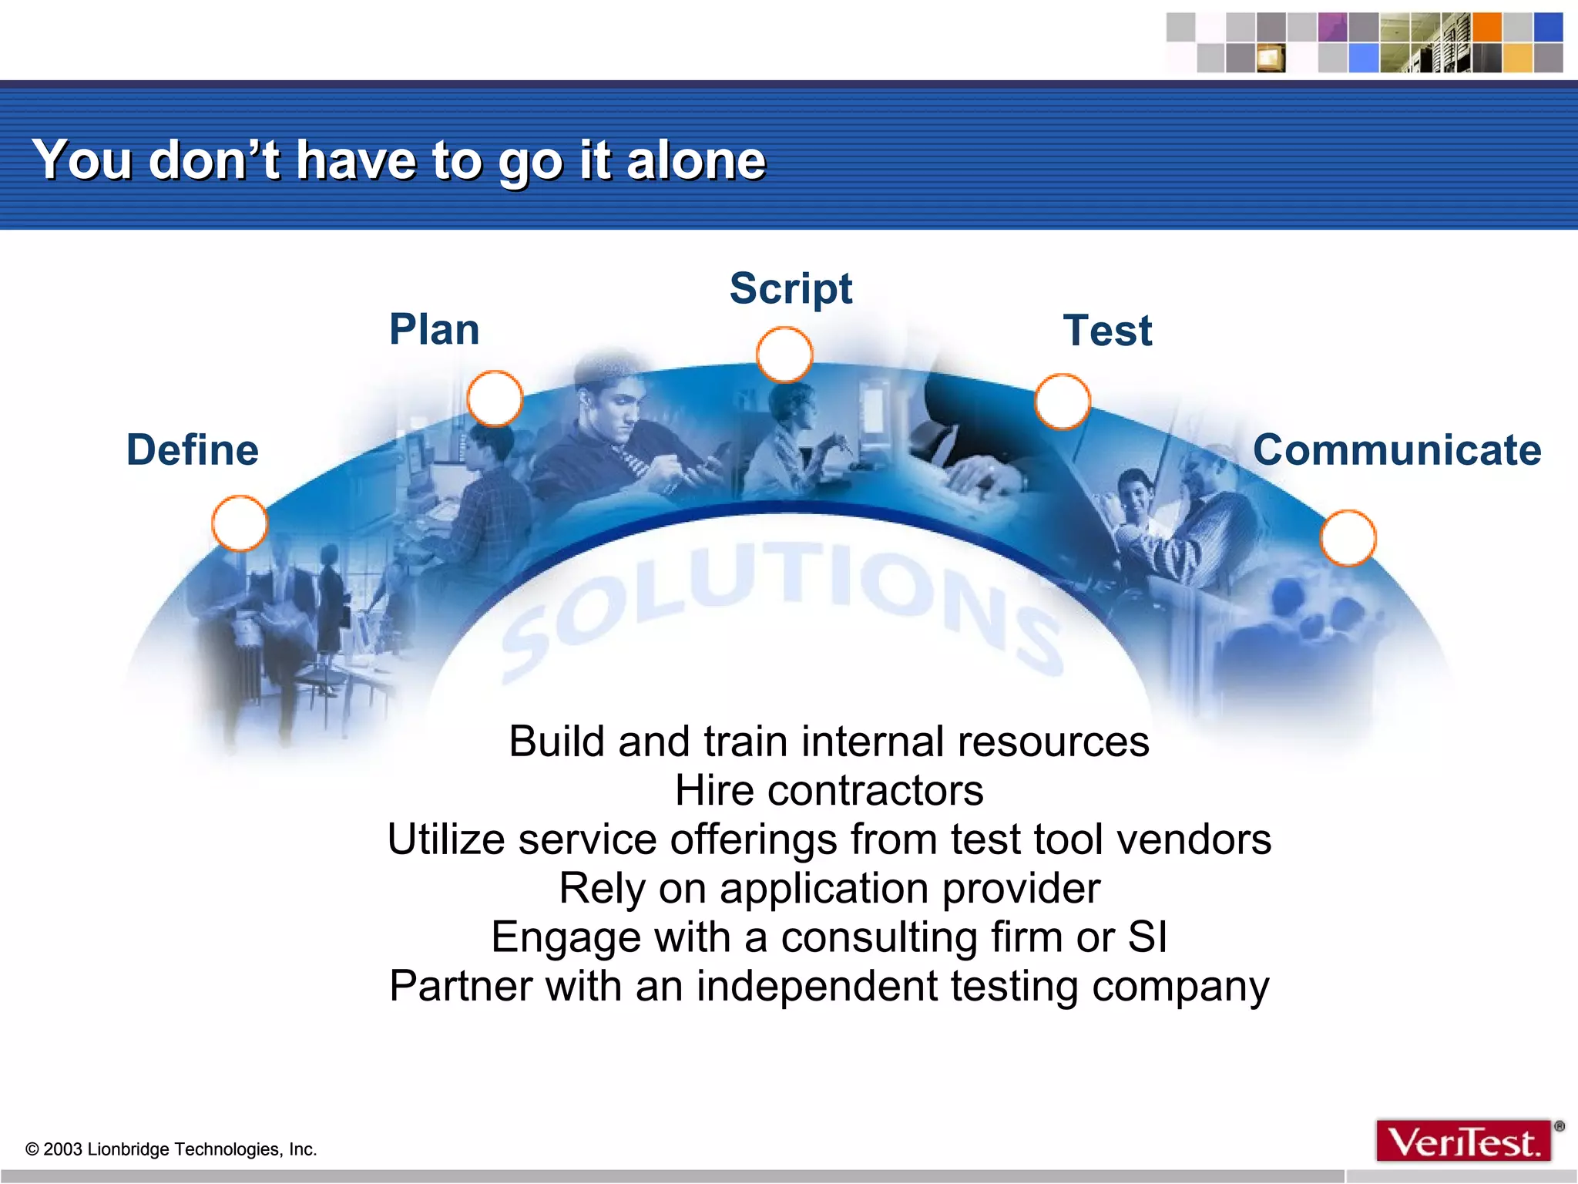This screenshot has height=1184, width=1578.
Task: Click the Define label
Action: tap(193, 450)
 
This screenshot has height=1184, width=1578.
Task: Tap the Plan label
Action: tap(435, 330)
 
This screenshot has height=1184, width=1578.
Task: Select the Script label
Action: tap(791, 289)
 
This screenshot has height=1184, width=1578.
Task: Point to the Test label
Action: tap(1107, 331)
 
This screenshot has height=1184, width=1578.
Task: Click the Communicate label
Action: tap(1397, 450)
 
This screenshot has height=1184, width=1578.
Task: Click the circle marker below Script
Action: tap(784, 355)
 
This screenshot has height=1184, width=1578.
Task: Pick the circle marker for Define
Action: tap(240, 523)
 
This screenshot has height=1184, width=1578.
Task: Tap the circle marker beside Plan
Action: tap(495, 399)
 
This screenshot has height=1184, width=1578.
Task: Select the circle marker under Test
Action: tap(1063, 402)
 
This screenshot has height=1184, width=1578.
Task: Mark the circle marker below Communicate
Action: tap(1348, 538)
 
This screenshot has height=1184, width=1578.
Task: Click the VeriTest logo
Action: tap(1463, 1142)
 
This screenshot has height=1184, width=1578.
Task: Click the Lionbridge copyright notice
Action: tap(171, 1149)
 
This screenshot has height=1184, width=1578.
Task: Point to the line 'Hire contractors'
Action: tap(829, 791)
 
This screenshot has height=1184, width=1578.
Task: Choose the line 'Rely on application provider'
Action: tap(829, 888)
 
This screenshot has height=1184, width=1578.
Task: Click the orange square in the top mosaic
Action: tap(1487, 28)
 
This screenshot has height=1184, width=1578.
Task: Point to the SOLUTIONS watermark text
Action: tap(786, 601)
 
